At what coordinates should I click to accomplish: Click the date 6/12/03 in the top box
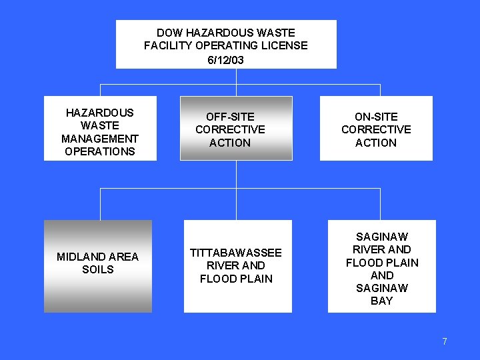click(225, 60)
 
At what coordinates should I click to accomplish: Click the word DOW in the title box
click(169, 33)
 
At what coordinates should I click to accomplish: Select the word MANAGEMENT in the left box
click(100, 139)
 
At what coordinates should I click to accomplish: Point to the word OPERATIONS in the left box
click(100, 151)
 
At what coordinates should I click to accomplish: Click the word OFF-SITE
click(230, 117)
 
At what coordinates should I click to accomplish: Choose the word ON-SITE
click(376, 117)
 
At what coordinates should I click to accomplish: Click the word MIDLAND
click(79, 257)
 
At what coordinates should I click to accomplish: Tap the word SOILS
click(98, 270)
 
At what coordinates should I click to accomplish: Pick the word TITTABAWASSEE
click(236, 253)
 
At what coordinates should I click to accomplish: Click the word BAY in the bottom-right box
click(382, 301)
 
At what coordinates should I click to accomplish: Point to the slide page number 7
click(445, 341)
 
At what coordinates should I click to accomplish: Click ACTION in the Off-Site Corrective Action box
click(230, 143)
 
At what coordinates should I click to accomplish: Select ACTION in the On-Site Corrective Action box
click(376, 143)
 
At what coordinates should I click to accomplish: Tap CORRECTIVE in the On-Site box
click(376, 129)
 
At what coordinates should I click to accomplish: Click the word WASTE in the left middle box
click(100, 125)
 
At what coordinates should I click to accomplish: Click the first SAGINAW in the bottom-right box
click(382, 237)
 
